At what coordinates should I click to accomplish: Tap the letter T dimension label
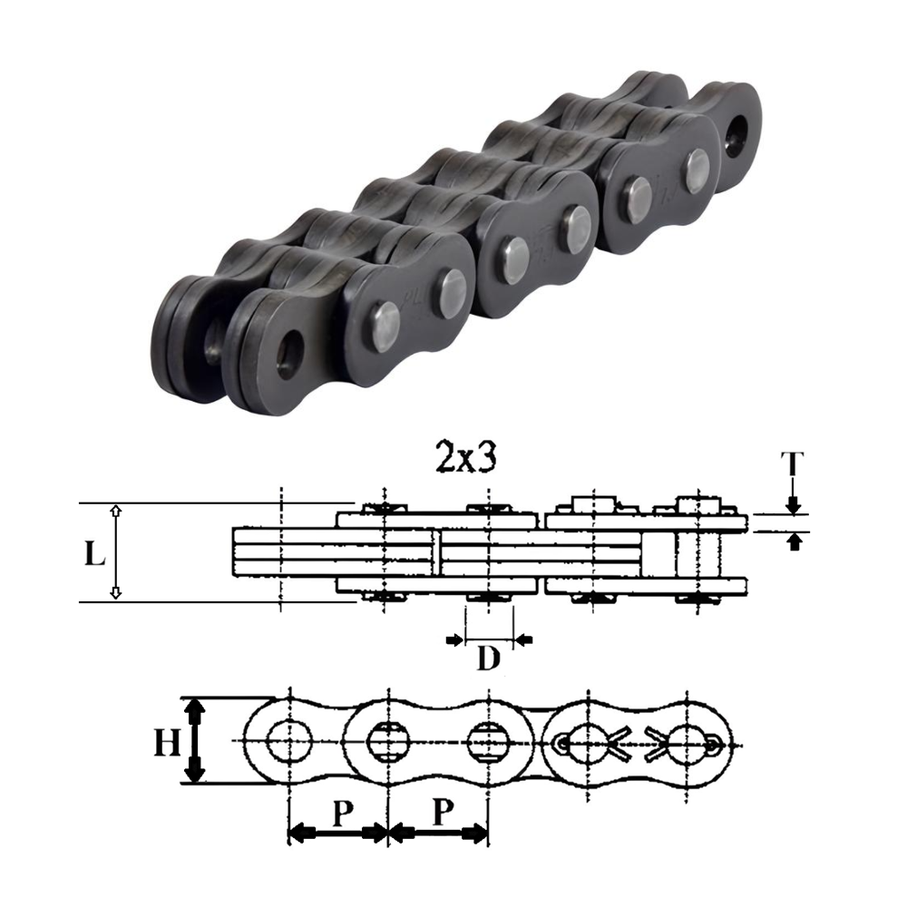793,464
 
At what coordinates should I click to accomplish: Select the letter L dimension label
93,554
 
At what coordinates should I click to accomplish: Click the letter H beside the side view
166,743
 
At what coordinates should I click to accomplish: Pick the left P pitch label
339,813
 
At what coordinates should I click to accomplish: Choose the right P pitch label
441,813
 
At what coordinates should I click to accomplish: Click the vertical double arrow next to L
115,552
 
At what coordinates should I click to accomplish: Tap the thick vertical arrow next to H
192,740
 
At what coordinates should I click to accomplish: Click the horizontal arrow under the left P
337,832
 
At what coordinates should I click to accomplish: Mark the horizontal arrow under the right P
438,832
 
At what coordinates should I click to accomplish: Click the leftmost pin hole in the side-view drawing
288,743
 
